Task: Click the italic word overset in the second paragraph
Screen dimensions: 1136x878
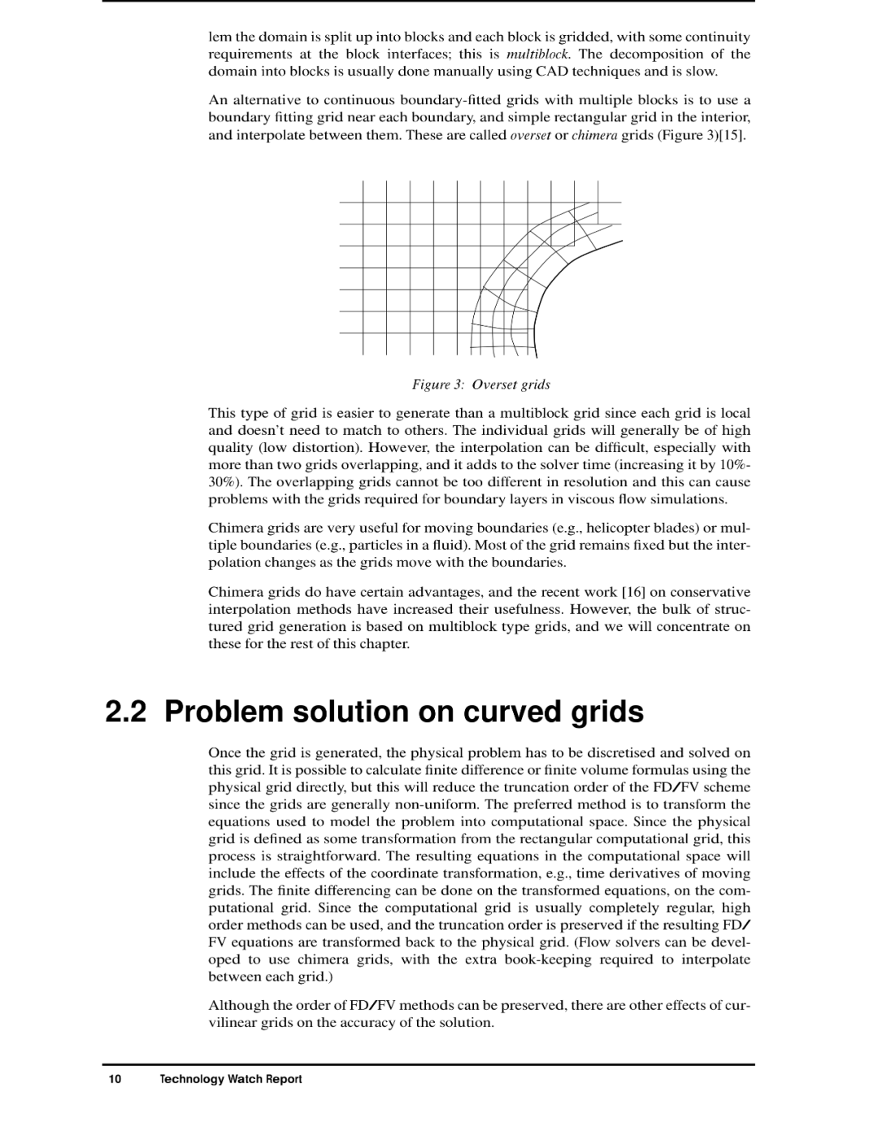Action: [530, 135]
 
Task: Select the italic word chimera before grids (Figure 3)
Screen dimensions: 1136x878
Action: [594, 135]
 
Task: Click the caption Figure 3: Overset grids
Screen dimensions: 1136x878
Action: [480, 385]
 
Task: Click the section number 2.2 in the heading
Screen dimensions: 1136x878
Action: [127, 712]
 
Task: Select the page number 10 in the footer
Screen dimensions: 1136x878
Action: [115, 1079]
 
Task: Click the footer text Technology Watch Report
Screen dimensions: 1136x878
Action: [230, 1079]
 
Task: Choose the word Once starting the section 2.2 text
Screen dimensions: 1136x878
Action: [224, 753]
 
